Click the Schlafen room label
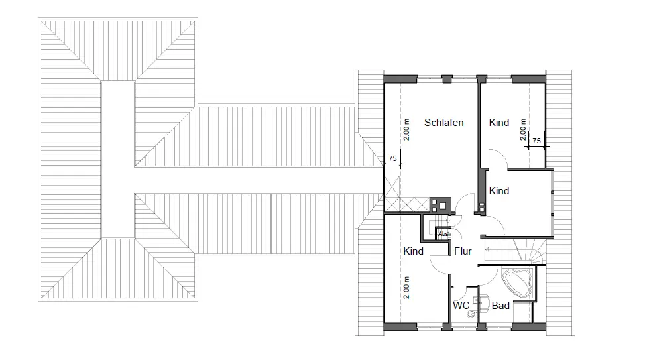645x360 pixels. click(444, 123)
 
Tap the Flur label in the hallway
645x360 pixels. click(463, 251)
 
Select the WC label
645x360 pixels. click(461, 306)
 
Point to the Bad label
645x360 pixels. click(500, 306)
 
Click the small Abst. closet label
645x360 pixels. click(444, 234)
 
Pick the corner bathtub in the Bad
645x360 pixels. click(518, 282)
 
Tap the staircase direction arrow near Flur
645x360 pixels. click(487, 249)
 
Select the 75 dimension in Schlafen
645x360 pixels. click(392, 158)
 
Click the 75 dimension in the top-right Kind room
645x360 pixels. click(536, 141)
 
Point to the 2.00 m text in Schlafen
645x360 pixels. click(406, 130)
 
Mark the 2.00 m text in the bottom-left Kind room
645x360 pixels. click(406, 288)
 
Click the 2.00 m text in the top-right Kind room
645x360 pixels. click(523, 129)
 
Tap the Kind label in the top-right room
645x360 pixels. click(499, 123)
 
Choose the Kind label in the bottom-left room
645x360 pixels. click(414, 251)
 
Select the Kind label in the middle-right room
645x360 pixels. click(499, 191)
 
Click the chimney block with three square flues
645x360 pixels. click(440, 206)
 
